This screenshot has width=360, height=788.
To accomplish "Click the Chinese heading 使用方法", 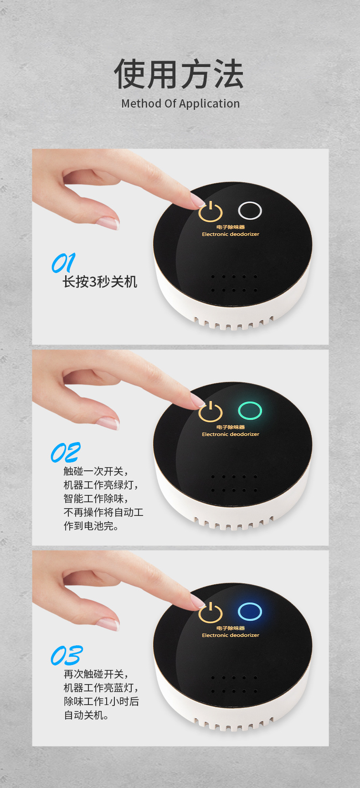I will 179,74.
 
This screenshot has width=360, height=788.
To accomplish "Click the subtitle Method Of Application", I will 180,104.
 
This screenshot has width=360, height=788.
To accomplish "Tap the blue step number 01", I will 63,263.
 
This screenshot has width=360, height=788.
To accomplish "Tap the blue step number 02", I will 65,453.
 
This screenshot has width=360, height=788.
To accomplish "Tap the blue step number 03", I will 66,655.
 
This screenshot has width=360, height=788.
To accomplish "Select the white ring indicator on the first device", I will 250,211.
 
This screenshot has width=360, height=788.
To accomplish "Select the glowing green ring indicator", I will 250,411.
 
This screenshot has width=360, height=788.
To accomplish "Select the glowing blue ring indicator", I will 250,611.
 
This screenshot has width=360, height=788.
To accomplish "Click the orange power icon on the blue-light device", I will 211,613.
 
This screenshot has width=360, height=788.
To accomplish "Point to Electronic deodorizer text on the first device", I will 231,234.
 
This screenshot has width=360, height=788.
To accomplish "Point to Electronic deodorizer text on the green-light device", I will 231,434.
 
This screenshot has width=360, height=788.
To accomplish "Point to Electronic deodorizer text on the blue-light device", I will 231,635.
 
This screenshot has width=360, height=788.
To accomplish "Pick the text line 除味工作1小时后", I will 101,701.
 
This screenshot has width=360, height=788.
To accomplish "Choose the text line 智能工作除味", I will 95,499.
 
